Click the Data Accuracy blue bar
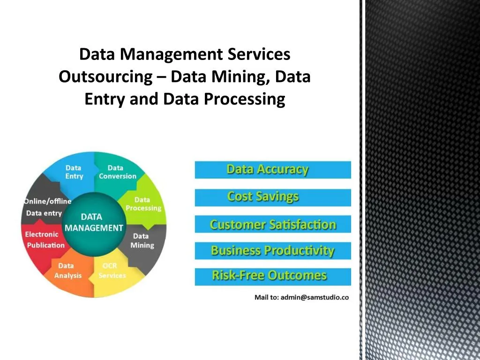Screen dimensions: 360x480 click(272, 170)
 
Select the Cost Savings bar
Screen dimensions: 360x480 click(272, 197)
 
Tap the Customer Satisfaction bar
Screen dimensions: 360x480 click(272, 225)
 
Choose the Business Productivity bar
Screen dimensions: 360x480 click(272, 251)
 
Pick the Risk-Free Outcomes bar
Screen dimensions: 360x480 click(272, 276)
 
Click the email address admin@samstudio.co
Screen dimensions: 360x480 click(315, 298)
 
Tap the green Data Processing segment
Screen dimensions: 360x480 click(143, 204)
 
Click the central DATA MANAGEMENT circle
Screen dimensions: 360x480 click(94, 223)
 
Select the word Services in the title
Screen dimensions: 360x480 click(259, 54)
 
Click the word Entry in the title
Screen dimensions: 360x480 click(105, 99)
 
